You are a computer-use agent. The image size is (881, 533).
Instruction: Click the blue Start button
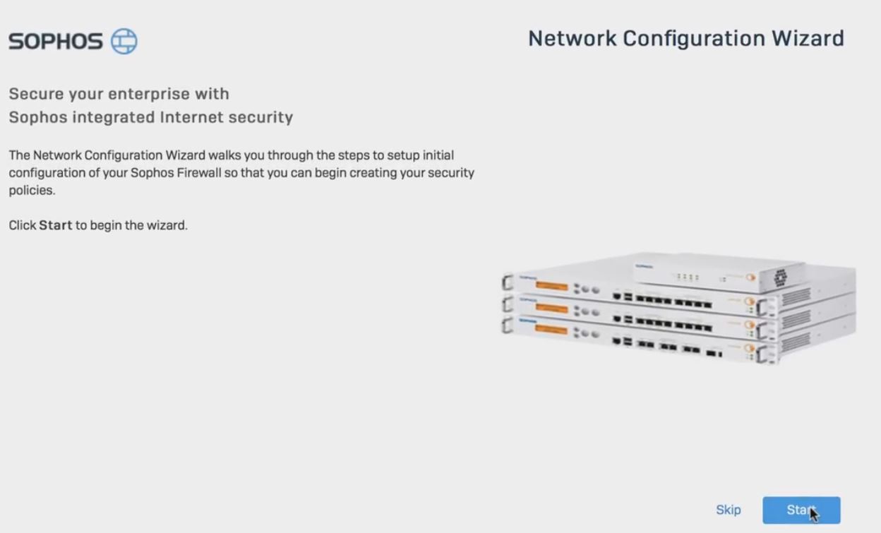[x=801, y=510]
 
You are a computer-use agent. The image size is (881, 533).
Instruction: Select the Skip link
[x=728, y=510]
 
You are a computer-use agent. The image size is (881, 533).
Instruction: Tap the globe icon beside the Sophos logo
[x=124, y=41]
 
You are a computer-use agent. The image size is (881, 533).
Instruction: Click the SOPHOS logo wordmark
[x=56, y=42]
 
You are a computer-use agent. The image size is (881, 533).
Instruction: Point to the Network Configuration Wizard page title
[x=685, y=38]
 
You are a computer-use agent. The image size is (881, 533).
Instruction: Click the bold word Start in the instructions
[x=55, y=226]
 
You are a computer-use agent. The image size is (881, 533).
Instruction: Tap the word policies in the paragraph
[x=30, y=191]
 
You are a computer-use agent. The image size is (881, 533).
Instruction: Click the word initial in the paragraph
[x=438, y=155]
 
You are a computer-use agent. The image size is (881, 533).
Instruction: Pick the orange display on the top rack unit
[x=551, y=286]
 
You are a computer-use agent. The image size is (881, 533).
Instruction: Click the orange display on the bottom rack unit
[x=551, y=329]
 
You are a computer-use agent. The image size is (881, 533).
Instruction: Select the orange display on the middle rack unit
[x=551, y=308]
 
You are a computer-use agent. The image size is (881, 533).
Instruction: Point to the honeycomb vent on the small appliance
[x=780, y=277]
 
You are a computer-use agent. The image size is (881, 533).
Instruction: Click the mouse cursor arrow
[x=813, y=513]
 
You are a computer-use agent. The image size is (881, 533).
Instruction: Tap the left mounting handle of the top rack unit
[x=506, y=283]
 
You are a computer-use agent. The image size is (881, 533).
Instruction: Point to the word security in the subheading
[x=262, y=117]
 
